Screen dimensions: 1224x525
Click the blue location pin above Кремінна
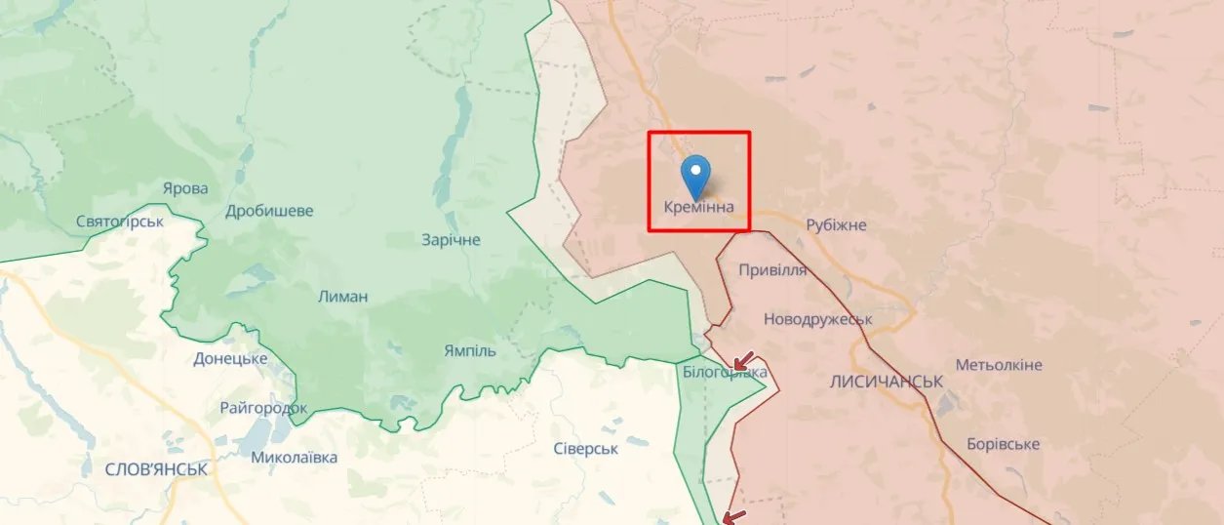696,176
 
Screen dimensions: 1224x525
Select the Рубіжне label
836,225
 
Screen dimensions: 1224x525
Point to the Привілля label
772,270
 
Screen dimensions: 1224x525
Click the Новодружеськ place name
817,319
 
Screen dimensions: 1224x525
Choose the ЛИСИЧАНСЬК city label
886,382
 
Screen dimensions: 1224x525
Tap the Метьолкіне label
999,365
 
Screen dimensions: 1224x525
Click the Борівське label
1003,444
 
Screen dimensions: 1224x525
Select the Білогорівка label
725,373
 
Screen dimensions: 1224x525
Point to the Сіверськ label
586,448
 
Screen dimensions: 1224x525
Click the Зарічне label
451,239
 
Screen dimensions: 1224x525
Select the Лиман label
343,297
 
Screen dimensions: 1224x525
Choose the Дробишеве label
269,211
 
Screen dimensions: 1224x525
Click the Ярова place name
185,188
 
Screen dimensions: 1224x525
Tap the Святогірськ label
120,222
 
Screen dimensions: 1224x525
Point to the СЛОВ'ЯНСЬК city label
156,469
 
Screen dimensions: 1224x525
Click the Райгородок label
263,408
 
